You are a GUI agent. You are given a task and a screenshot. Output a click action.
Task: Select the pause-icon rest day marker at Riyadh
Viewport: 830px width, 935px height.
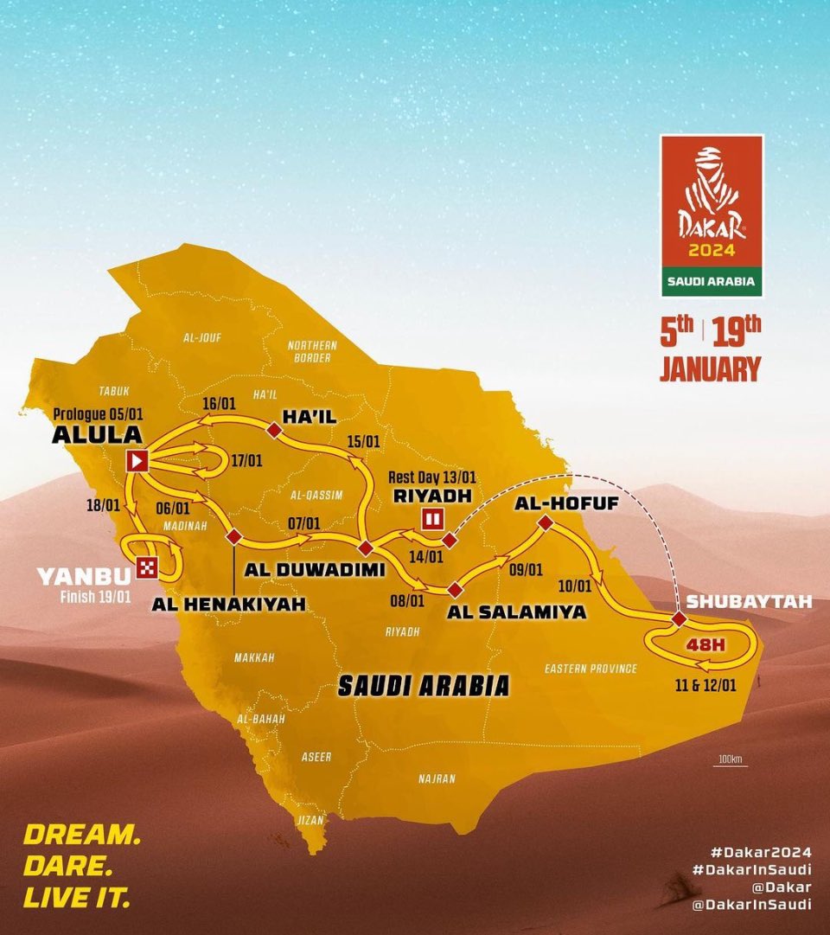[x=431, y=519]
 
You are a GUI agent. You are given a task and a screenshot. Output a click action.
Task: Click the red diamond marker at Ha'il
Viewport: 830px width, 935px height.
[x=274, y=430]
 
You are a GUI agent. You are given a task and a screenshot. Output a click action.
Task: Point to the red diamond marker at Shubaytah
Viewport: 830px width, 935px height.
[x=679, y=619]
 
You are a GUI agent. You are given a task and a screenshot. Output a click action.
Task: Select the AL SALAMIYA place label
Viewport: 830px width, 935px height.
[x=517, y=612]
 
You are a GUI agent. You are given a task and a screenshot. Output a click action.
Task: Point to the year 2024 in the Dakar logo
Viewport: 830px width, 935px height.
[x=712, y=251]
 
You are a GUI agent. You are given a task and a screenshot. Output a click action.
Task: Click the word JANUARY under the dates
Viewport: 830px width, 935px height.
[x=710, y=369]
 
